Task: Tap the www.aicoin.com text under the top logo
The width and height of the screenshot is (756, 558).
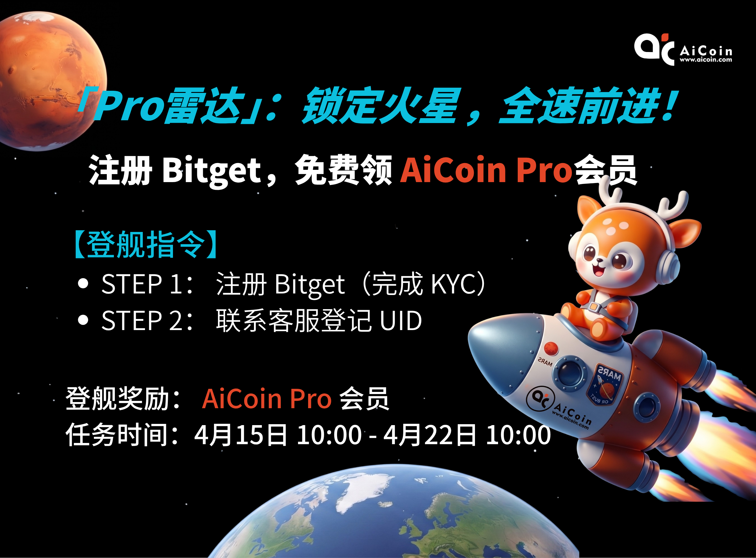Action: [x=706, y=60]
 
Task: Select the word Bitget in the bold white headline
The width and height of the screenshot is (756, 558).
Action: [x=211, y=171]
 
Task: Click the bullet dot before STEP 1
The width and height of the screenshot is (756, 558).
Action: [x=83, y=284]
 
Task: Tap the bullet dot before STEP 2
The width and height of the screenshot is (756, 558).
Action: [x=83, y=320]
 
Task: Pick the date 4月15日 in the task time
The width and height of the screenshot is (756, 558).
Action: [x=241, y=435]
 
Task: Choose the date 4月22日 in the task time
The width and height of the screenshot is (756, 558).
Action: [x=429, y=435]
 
